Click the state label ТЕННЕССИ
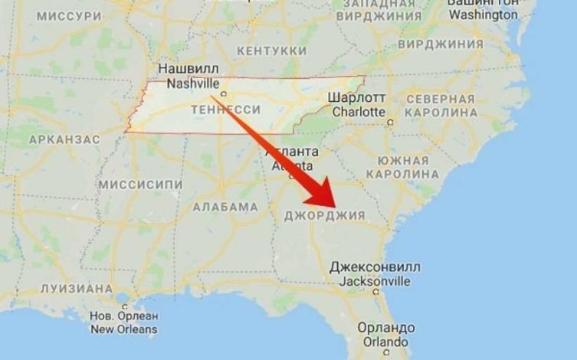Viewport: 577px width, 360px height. pyautogui.click(x=230, y=110)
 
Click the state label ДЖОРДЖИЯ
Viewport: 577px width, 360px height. pyautogui.click(x=324, y=215)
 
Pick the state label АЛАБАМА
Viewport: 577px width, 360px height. pyautogui.click(x=225, y=207)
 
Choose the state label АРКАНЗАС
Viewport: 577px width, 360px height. pyautogui.click(x=64, y=139)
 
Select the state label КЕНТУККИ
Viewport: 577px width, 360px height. pyautogui.click(x=272, y=51)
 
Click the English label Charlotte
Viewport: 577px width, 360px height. pyautogui.click(x=356, y=112)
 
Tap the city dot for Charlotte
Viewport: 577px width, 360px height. pyautogui.click(x=390, y=122)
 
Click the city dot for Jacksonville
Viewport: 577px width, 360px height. pyautogui.click(x=375, y=292)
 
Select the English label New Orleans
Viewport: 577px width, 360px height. pyautogui.click(x=123, y=329)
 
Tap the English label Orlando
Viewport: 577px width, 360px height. pyautogui.click(x=386, y=342)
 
